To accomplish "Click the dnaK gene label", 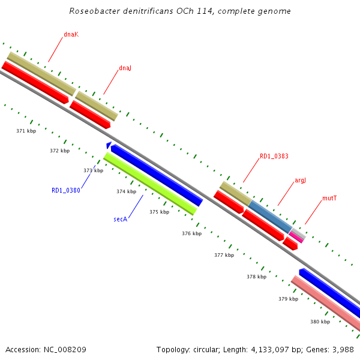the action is coord(71,34).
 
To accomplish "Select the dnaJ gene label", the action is coord(125,68).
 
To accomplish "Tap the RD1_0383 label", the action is coord(274,156).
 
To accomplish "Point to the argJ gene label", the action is coord(300,180).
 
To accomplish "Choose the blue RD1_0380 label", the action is coord(65,190).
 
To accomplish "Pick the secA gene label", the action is coord(121,219).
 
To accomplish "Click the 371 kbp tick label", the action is coord(26,130).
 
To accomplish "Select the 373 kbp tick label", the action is coord(93,170).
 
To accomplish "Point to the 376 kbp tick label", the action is coord(191,233).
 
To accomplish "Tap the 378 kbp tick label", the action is coord(256,277).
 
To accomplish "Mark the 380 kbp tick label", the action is coord(320,322).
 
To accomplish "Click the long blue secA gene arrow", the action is coord(156,175).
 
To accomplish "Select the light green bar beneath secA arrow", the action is coord(150,184).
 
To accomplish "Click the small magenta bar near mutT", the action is coord(296,237).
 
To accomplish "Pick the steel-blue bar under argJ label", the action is coord(270,216).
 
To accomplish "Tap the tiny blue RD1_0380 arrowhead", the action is coord(108,145).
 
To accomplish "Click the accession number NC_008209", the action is coord(46,349).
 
